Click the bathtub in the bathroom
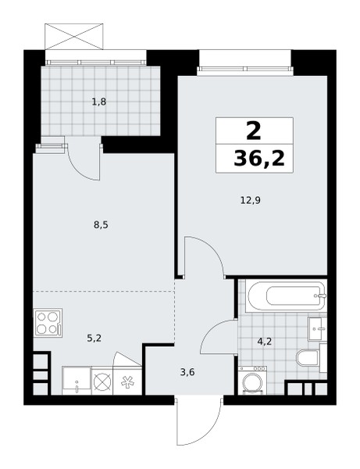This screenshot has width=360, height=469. click(x=287, y=295)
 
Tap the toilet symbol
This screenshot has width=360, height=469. click(x=308, y=357)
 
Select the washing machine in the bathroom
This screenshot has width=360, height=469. click(x=252, y=380)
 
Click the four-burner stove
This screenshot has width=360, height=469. click(x=48, y=323)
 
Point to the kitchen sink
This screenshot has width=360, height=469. click(x=77, y=381)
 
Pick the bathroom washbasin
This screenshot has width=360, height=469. click(x=318, y=328)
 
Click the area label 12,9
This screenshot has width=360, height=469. click(x=251, y=200)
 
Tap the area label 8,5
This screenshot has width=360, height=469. click(x=101, y=225)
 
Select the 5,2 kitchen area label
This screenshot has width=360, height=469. click(x=94, y=338)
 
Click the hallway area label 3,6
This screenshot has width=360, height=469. click(x=187, y=372)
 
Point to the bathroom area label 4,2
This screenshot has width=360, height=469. click(x=265, y=342)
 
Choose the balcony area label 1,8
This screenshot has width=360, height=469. click(x=99, y=102)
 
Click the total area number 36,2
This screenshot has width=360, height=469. click(x=259, y=158)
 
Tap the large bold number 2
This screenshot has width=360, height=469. click(x=254, y=131)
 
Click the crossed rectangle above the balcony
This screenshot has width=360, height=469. click(x=73, y=37)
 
